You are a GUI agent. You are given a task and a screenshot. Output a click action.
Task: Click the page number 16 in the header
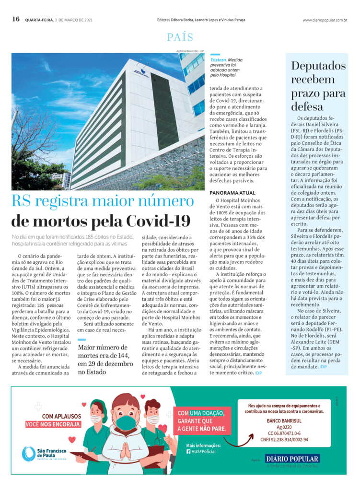point(16,19)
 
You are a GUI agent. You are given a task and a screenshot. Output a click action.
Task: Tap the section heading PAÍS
point(180,37)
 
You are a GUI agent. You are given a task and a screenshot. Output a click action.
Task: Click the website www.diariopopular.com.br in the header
point(325,20)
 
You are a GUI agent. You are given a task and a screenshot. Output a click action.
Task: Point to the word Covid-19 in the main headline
point(159,221)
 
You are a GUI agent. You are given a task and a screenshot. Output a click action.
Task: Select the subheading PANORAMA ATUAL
point(232,192)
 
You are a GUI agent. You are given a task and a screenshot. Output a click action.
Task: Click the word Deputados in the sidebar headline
point(318,66)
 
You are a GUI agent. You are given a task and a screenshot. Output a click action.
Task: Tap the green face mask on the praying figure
point(126,422)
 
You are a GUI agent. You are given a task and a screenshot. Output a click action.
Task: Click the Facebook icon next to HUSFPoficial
point(188,451)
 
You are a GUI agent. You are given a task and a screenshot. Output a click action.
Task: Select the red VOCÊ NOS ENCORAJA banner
point(54,424)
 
